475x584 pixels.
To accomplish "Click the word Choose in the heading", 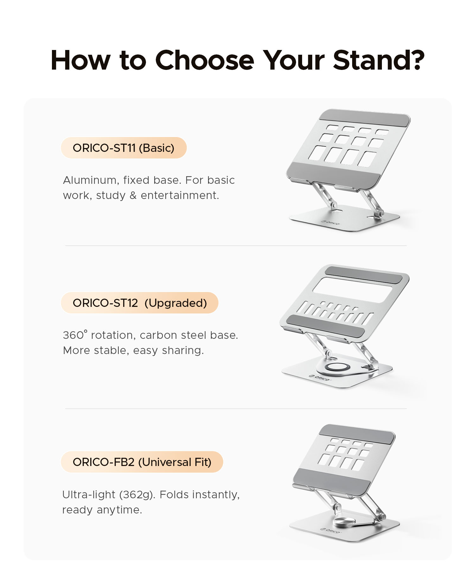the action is coord(205,60).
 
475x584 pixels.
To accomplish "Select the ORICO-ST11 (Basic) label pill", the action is coord(123,148).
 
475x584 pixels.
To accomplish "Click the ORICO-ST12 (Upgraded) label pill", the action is coord(139,303).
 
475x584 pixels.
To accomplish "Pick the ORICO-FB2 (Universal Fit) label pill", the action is coord(142,462).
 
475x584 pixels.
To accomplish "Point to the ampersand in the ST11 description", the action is coord(133,196).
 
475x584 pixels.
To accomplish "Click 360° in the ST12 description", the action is coord(75,334).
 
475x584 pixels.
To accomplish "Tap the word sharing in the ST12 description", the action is coord(183,351).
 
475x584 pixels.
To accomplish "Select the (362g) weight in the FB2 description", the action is coord(137,494).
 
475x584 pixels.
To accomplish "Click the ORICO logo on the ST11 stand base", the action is coord(330,222).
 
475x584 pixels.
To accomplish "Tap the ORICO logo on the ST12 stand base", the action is coord(320,377).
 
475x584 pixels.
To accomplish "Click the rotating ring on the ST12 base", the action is coord(337,367).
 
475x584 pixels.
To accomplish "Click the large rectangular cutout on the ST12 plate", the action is coord(353,290).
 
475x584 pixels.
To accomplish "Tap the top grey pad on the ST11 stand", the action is coord(364,118).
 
